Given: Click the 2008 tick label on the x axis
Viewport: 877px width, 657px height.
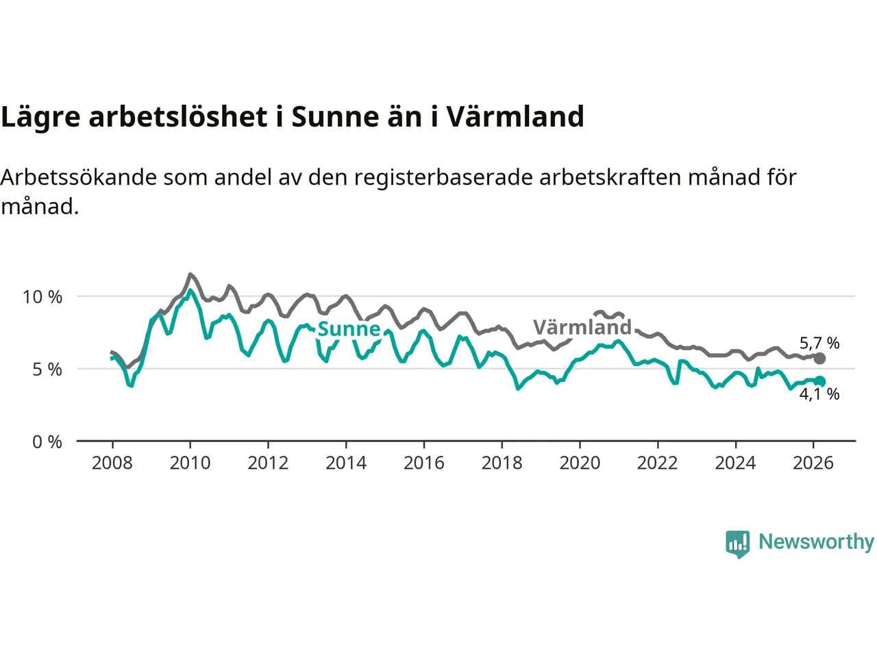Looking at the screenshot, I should coord(112,463).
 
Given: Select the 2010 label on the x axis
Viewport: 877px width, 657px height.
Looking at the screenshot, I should coord(190,463).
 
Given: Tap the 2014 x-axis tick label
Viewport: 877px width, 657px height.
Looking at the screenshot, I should coord(346,463).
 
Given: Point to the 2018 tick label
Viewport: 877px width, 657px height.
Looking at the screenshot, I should coord(502,463).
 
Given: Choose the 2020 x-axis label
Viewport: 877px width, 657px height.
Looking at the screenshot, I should coord(580,463).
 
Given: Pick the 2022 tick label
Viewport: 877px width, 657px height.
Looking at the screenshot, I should coord(657,463).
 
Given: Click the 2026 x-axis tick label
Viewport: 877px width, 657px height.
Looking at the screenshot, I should coord(813,463).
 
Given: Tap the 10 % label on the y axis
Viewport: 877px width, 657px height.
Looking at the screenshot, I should coord(42,297).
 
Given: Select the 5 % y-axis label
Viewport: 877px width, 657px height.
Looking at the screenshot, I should coord(47,370).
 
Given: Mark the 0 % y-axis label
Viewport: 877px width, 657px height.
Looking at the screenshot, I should coord(47,442).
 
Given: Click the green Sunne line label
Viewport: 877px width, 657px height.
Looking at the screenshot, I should coord(349,329).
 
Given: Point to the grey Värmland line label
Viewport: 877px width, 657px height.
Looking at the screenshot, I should coord(582,327).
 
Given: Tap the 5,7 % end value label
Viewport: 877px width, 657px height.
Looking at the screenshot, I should coord(819,343).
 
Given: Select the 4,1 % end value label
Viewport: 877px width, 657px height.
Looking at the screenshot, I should coord(819,394).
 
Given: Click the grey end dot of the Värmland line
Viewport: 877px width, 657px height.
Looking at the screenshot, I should coord(819,359).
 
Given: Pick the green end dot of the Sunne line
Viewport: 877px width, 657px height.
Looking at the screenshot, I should coord(819,381).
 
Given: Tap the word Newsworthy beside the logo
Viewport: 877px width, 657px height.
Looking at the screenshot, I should coord(816,542).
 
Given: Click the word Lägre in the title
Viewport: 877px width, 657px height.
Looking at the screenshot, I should coord(40,117).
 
